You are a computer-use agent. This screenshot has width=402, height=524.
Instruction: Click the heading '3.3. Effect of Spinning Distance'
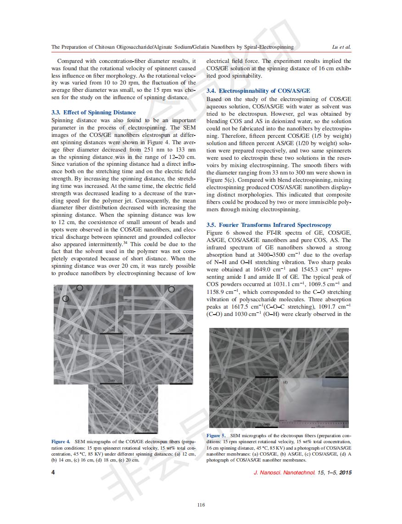click(x=94, y=113)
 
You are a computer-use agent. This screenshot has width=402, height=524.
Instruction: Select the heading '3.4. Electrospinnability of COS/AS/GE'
click(x=258, y=91)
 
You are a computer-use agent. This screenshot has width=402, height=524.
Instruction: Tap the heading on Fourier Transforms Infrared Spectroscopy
click(x=269, y=225)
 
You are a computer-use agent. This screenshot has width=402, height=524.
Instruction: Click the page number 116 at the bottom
click(x=201, y=505)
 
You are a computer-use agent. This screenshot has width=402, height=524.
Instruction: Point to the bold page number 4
click(x=53, y=472)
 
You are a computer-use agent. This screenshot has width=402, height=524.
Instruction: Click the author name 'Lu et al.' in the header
click(x=341, y=47)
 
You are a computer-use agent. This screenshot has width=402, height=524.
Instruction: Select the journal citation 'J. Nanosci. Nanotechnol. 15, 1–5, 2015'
click(x=302, y=473)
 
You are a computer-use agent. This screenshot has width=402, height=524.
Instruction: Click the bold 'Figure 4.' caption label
click(x=61, y=441)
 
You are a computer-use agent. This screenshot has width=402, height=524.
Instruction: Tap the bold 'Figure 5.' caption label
click(x=216, y=435)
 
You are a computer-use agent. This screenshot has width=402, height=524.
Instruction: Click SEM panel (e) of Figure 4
click(x=123, y=409)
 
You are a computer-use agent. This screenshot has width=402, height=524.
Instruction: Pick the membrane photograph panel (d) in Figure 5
click(x=314, y=403)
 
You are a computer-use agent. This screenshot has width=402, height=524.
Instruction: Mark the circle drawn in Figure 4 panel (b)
click(x=172, y=289)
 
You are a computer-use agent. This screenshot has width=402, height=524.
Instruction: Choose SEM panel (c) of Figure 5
click(x=244, y=403)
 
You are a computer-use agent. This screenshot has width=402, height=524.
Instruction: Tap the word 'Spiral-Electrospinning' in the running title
click(x=263, y=47)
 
